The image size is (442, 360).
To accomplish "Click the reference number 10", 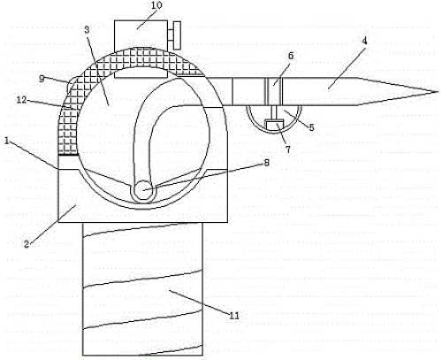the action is [x=156, y=6].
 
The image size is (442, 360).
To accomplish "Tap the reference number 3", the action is [x=87, y=29].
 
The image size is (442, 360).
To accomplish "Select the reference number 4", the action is [x=364, y=41].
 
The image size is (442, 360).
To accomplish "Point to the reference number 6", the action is [x=291, y=56].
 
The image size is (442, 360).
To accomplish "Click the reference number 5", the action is [x=311, y=127].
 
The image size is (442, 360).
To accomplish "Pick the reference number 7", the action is [x=288, y=149].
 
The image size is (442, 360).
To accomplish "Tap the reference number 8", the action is [x=266, y=162].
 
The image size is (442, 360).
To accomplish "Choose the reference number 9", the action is [x=42, y=79].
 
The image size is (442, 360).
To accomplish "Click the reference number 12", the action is [x=22, y=100].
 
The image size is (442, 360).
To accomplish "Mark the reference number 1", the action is [x=6, y=141].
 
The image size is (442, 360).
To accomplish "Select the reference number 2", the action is [x=27, y=244].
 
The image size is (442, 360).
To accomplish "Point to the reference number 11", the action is [x=234, y=316].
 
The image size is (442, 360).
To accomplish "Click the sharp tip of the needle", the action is [x=438, y=91].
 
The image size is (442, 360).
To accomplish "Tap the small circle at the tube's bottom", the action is [x=143, y=190].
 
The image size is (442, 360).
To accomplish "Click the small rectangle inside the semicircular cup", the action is [x=274, y=125].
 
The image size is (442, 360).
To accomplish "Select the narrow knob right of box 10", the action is [x=177, y=35].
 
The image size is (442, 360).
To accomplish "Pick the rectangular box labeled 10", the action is [x=141, y=49].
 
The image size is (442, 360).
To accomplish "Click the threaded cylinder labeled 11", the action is [x=142, y=289].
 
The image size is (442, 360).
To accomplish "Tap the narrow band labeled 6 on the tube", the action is [x=274, y=91].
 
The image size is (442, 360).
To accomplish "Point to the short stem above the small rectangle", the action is [x=274, y=112].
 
